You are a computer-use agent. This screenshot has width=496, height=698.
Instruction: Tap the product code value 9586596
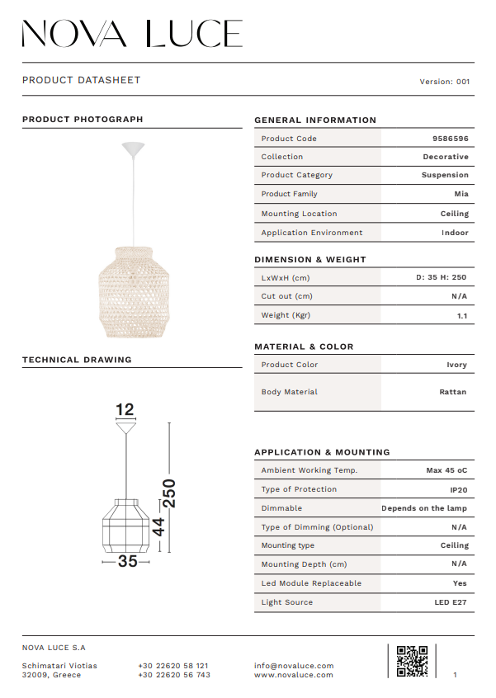[x=450, y=139]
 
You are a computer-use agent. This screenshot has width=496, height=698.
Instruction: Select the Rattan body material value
[x=452, y=392]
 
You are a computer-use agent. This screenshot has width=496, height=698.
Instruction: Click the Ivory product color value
[x=456, y=365]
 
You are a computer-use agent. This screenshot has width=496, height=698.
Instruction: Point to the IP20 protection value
[x=459, y=489]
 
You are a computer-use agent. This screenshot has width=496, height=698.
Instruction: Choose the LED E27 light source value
[x=451, y=602]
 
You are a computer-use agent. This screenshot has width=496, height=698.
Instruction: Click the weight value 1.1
[x=462, y=315]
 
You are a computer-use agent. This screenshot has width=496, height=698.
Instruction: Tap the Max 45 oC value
[x=446, y=470]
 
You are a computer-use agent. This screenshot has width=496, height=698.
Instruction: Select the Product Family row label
[x=289, y=194]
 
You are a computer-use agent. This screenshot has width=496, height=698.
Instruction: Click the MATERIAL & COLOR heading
[x=304, y=347]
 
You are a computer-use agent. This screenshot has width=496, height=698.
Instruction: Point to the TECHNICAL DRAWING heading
[x=77, y=360]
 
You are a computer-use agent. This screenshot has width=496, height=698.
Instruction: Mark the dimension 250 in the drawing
[x=168, y=493]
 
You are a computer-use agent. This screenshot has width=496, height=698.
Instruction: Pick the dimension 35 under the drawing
[x=127, y=561]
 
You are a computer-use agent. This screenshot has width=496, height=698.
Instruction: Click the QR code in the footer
[x=412, y=661]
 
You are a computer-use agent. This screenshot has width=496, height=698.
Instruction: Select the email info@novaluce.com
[x=294, y=666]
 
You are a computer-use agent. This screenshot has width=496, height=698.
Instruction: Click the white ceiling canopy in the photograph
[x=133, y=149]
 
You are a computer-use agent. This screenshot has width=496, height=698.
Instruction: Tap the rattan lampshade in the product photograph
[x=132, y=291]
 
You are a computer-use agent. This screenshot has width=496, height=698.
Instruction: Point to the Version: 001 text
[x=445, y=82]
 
